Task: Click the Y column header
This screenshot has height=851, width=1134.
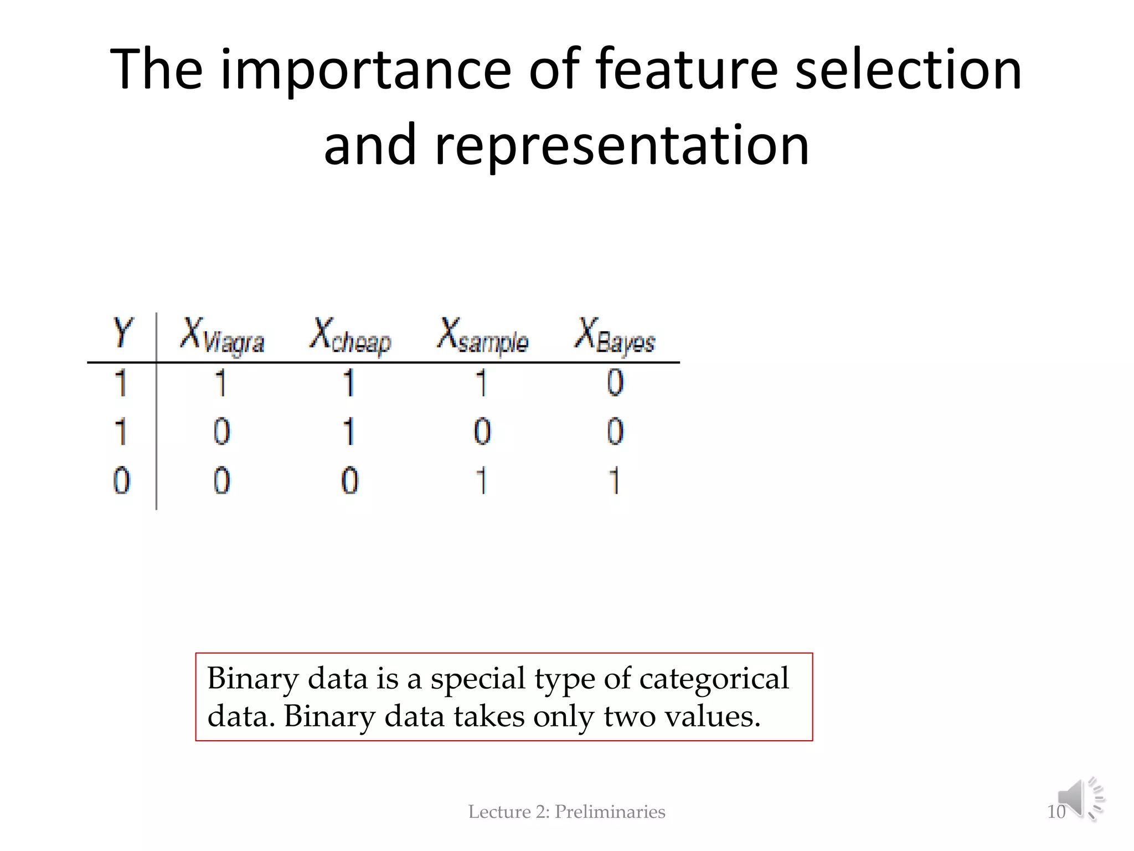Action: pyautogui.click(x=122, y=332)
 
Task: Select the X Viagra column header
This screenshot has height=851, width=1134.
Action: pyautogui.click(x=222, y=335)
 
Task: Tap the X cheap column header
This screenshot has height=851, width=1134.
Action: pyautogui.click(x=350, y=335)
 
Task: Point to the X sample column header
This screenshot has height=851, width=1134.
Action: pyautogui.click(x=482, y=335)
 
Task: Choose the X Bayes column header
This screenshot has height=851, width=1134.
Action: pyautogui.click(x=615, y=335)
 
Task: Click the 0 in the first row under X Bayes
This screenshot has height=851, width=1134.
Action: pyautogui.click(x=615, y=382)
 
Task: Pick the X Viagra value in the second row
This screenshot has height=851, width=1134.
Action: pyautogui.click(x=221, y=432)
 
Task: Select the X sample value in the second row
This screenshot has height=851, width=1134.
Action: pyautogui.click(x=482, y=432)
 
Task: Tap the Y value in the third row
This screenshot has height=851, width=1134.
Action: pyautogui.click(x=122, y=480)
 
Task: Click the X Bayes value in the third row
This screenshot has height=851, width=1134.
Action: pyautogui.click(x=614, y=480)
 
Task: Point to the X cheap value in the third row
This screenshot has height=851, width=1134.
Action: pyautogui.click(x=349, y=480)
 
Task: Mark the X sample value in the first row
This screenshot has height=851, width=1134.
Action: pyautogui.click(x=482, y=382)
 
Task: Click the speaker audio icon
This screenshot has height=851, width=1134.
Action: pyautogui.click(x=1080, y=799)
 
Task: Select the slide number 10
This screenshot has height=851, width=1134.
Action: pyautogui.click(x=1056, y=812)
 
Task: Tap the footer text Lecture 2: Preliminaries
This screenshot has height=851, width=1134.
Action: pyautogui.click(x=566, y=812)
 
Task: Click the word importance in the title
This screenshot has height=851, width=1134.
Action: pyautogui.click(x=366, y=70)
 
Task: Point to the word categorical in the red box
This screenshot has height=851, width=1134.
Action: pyautogui.click(x=714, y=678)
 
